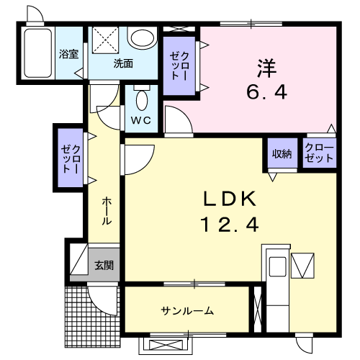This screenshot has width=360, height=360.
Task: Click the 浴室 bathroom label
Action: pyautogui.click(x=69, y=54)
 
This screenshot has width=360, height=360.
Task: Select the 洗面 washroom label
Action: pyautogui.click(x=122, y=63)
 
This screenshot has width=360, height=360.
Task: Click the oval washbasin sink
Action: pyautogui.click(x=142, y=37)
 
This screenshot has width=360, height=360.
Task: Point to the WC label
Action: pyautogui.click(x=140, y=120)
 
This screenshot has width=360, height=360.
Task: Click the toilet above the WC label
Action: pyautogui.click(x=141, y=98)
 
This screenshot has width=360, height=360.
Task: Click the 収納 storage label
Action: pyautogui.click(x=282, y=153)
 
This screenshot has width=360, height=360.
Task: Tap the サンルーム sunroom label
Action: pyautogui.click(x=186, y=310)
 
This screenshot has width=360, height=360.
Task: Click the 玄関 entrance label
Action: pyautogui.click(x=103, y=265)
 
